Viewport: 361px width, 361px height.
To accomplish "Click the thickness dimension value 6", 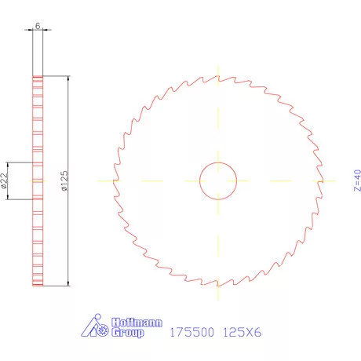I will (x=38, y=26).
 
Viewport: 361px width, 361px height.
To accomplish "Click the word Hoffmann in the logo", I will (x=127, y=323).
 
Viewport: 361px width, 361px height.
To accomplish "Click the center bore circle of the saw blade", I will (x=218, y=180).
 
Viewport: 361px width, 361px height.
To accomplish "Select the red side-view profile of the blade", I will (x=37, y=180).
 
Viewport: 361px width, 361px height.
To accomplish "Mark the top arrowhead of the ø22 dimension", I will (x=9, y=165).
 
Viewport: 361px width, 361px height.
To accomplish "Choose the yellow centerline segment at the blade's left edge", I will (x=107, y=180).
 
